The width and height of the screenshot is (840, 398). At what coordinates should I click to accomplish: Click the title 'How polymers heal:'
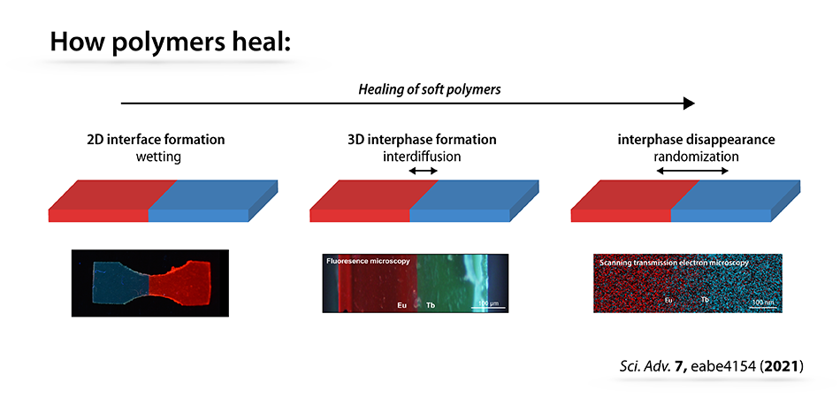coord(170,42)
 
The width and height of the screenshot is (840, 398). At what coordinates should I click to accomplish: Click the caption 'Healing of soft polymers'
coord(429,89)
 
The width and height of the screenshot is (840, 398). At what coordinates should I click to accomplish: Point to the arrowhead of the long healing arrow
coord(689,103)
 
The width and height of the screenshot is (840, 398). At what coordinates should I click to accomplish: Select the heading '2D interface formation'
coord(156,141)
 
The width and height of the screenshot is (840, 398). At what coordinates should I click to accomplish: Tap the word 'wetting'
coord(156,157)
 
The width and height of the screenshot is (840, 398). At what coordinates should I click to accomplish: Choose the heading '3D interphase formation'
coord(422,141)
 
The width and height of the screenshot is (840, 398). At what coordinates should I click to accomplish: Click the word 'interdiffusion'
coord(422,157)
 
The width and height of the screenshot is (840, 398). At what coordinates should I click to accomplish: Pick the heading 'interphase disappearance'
coord(696,141)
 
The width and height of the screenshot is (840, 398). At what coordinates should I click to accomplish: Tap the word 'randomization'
coord(696,157)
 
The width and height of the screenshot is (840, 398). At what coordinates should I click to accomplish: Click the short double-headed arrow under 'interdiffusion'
coord(424,172)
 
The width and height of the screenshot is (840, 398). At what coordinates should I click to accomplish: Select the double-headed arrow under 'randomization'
coord(692,172)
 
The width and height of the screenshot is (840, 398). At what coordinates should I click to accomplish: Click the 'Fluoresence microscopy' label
coord(369,262)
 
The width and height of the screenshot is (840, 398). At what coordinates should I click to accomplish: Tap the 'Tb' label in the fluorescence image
coord(431,305)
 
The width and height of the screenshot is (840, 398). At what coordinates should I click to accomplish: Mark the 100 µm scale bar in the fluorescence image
coord(488,308)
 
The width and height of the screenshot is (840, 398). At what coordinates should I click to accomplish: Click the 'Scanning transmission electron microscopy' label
coord(674,263)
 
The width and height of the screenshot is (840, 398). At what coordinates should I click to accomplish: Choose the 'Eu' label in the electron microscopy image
coord(668,300)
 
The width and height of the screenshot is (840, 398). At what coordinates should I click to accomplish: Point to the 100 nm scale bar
coord(763,307)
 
